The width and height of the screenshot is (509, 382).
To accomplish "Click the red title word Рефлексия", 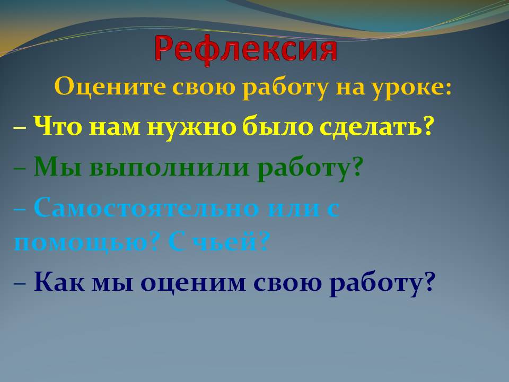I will coord(246,49).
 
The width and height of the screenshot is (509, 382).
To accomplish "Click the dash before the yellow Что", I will coord(21,128).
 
